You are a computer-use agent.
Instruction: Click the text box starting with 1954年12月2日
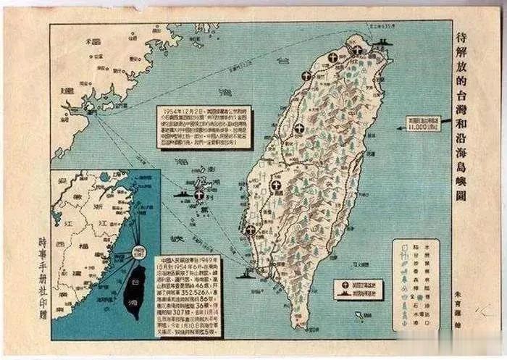click(204, 127)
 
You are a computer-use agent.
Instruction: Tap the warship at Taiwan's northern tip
click(382, 41)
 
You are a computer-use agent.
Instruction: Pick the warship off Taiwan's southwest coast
click(251, 273)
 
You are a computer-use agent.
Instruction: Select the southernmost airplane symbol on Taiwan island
click(250, 230)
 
